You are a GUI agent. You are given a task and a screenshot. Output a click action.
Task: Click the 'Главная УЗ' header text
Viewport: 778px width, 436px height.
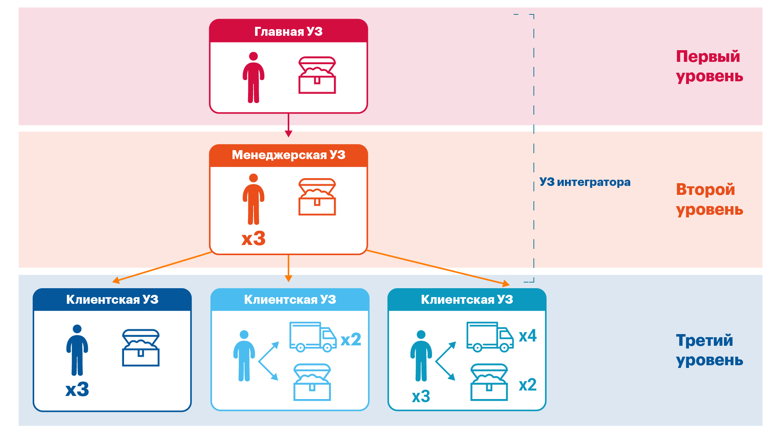pyautogui.click(x=288, y=32)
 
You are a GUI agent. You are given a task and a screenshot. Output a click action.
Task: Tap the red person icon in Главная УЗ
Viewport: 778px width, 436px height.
pyautogui.click(x=254, y=77)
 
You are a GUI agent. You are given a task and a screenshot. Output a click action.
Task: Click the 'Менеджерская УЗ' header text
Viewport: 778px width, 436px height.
pyautogui.click(x=288, y=155)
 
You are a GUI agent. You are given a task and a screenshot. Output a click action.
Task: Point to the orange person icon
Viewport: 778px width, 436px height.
pyautogui.click(x=254, y=199)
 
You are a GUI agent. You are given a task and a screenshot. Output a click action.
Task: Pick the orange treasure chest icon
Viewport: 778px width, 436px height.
pyautogui.click(x=317, y=197)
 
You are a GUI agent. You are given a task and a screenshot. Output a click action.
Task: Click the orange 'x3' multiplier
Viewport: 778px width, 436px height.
pyautogui.click(x=254, y=238)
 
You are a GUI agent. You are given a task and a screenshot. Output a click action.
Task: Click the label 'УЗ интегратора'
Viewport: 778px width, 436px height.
pyautogui.click(x=585, y=182)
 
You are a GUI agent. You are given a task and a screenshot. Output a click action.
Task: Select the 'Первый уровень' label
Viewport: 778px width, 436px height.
pyautogui.click(x=709, y=66)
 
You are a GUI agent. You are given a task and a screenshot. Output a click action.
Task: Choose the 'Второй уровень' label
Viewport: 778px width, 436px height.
pyautogui.click(x=709, y=199)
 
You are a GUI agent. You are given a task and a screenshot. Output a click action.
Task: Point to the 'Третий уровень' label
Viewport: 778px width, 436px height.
pyautogui.click(x=709, y=350)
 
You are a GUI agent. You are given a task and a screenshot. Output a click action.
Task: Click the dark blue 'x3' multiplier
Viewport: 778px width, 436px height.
pyautogui.click(x=77, y=389)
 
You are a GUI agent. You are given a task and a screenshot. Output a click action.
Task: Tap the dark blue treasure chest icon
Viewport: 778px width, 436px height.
pyautogui.click(x=141, y=348)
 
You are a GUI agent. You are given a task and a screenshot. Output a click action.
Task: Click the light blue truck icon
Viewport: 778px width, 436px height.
pyautogui.click(x=313, y=337)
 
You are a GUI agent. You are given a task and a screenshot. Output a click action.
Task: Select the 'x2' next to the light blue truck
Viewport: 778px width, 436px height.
pyautogui.click(x=351, y=340)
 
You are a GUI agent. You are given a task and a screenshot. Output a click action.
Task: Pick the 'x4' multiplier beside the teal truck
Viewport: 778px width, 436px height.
pyautogui.click(x=528, y=336)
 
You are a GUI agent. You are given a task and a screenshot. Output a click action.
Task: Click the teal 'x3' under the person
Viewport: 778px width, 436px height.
pyautogui.click(x=421, y=396)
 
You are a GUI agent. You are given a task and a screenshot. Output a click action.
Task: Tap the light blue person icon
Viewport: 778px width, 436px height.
pyautogui.click(x=244, y=356)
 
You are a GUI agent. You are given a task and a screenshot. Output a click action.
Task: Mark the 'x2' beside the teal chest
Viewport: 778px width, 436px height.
pyautogui.click(x=528, y=385)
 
